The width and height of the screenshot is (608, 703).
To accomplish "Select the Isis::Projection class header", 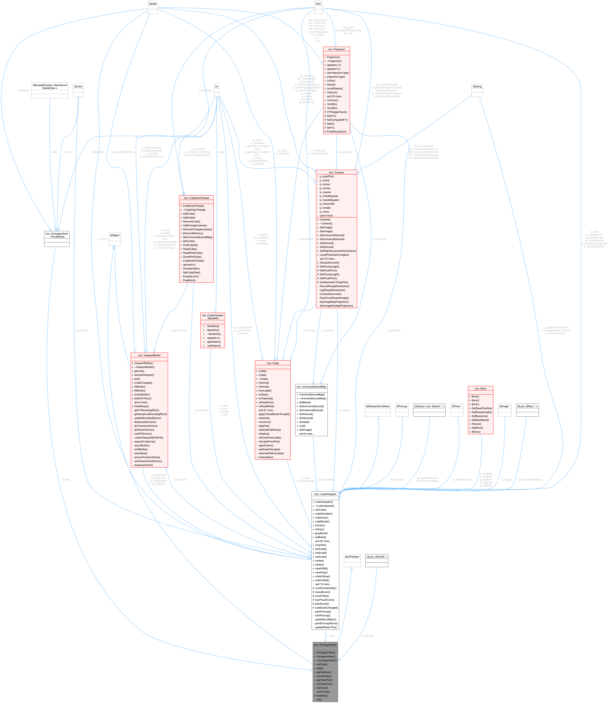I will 336,49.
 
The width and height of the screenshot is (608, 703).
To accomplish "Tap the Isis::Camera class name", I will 336,172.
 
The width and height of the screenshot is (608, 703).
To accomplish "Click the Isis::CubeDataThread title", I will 196,198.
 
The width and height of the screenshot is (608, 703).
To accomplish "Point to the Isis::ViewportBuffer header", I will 149,355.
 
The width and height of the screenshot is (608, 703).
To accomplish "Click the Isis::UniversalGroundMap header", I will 311,386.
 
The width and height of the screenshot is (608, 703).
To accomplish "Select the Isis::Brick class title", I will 480,389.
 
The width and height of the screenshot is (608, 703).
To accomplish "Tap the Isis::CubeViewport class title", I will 325,494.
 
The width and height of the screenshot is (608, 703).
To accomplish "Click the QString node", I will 477,87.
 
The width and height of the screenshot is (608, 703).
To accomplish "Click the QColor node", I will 78,87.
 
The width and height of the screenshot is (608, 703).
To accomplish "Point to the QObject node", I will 115,235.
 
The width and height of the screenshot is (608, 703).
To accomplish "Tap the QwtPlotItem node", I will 352,557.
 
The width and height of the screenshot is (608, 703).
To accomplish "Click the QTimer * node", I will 457,406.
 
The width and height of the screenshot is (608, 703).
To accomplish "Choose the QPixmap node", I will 402,406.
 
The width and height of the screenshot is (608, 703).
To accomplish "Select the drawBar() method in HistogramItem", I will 322,696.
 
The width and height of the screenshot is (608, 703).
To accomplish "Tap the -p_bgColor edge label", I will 82,331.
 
